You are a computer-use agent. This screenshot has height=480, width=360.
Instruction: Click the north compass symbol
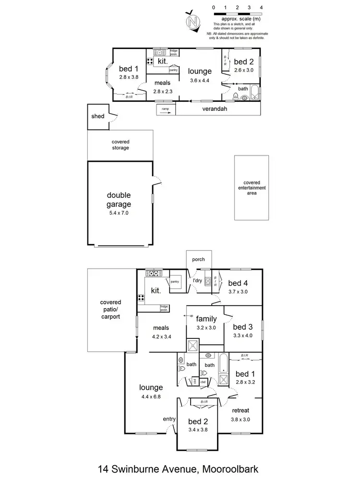pyautogui.click(x=193, y=22)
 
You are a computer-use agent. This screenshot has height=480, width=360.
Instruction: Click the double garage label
pyautogui.click(x=119, y=200)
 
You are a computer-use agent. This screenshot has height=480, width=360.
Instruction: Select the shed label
pyautogui.click(x=98, y=117)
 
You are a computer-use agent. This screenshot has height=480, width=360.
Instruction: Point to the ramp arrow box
pyautogui.click(x=165, y=109)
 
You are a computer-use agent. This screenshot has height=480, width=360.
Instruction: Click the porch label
pyautogui.click(x=198, y=260)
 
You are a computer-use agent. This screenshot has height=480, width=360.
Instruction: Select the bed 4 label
pyautogui.click(x=238, y=283)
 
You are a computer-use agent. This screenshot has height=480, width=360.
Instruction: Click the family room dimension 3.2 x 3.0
pyautogui.click(x=206, y=328)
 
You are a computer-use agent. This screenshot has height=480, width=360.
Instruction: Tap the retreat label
pyautogui.click(x=240, y=410)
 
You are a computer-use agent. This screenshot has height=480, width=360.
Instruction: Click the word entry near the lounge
pyautogui.click(x=169, y=419)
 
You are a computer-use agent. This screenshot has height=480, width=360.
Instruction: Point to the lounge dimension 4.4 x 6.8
pyautogui.click(x=151, y=396)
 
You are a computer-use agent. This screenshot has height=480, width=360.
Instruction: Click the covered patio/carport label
pyautogui.click(x=110, y=310)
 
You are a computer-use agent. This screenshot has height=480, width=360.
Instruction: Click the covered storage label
pyautogui.click(x=120, y=145)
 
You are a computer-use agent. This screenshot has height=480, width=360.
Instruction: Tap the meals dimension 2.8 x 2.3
pyautogui.click(x=162, y=91)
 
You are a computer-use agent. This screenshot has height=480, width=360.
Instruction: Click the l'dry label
pyautogui.click(x=197, y=280)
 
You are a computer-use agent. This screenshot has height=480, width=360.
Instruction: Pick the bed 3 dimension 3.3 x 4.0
pyautogui.click(x=242, y=336)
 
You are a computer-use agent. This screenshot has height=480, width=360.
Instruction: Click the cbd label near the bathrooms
pyautogui.click(x=203, y=382)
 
